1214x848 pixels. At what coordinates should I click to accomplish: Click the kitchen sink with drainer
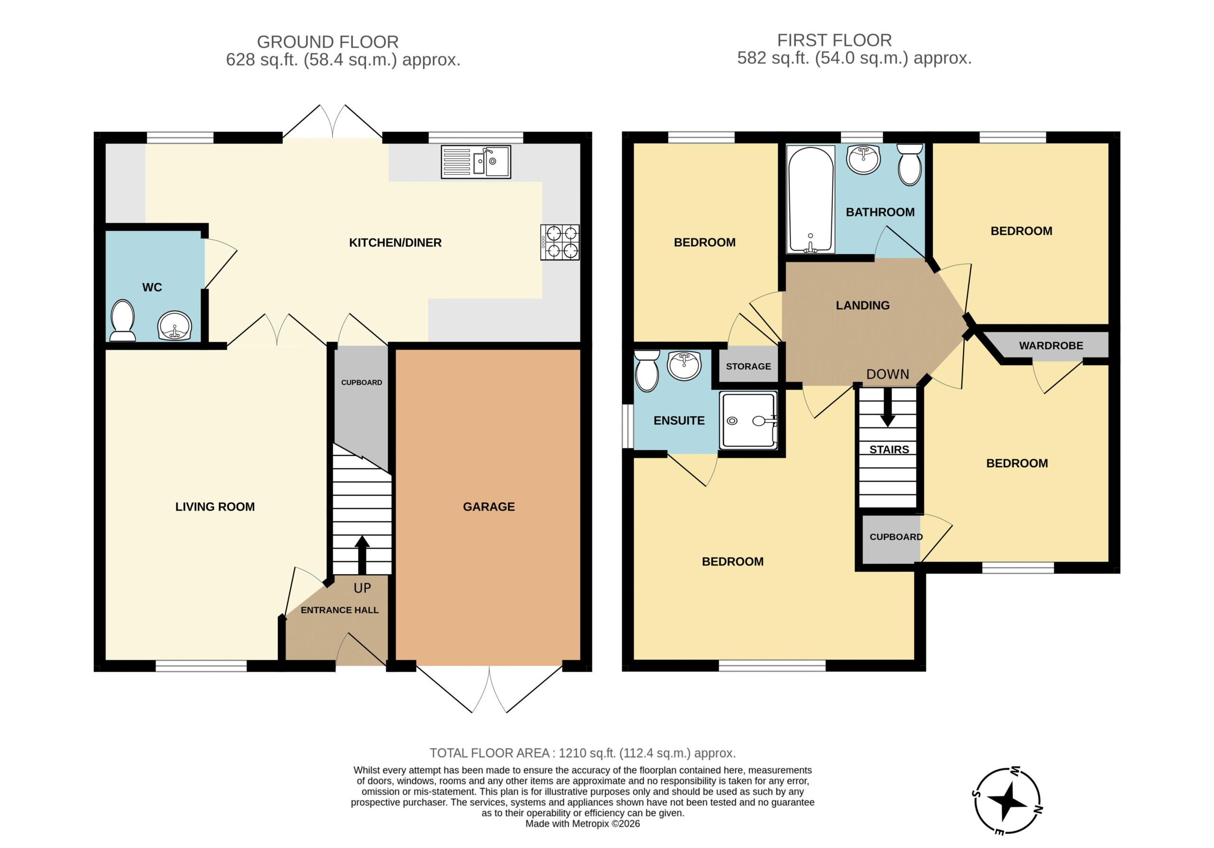pyautogui.click(x=476, y=162)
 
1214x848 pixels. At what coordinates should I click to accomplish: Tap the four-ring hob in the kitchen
pyautogui.click(x=560, y=242)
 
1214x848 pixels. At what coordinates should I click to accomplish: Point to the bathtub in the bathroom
pyautogui.click(x=811, y=199)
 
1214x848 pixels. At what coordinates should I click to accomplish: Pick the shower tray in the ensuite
pyautogui.click(x=748, y=420)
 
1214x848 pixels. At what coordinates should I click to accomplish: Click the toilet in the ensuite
pyautogui.click(x=647, y=370)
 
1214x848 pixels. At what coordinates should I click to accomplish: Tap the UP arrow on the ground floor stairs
pyautogui.click(x=362, y=554)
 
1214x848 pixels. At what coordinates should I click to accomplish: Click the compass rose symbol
pyautogui.click(x=1008, y=802)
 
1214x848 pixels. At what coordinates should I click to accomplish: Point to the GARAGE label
pyautogui.click(x=488, y=507)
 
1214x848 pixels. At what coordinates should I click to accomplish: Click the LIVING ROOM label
pyautogui.click(x=215, y=507)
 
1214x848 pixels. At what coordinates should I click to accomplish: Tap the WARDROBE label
pyautogui.click(x=1051, y=346)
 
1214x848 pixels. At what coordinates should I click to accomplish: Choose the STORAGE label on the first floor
pyautogui.click(x=748, y=366)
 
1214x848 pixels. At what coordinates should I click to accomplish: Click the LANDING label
pyautogui.click(x=863, y=305)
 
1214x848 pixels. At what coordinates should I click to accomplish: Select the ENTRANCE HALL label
pyautogui.click(x=340, y=610)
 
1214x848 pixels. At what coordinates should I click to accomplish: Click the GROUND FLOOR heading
pyautogui.click(x=328, y=42)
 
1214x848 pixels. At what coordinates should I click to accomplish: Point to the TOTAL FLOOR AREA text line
pyautogui.click(x=583, y=753)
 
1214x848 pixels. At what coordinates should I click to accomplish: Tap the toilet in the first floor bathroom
pyautogui.click(x=910, y=165)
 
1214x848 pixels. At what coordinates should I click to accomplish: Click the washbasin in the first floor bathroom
pyautogui.click(x=864, y=159)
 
